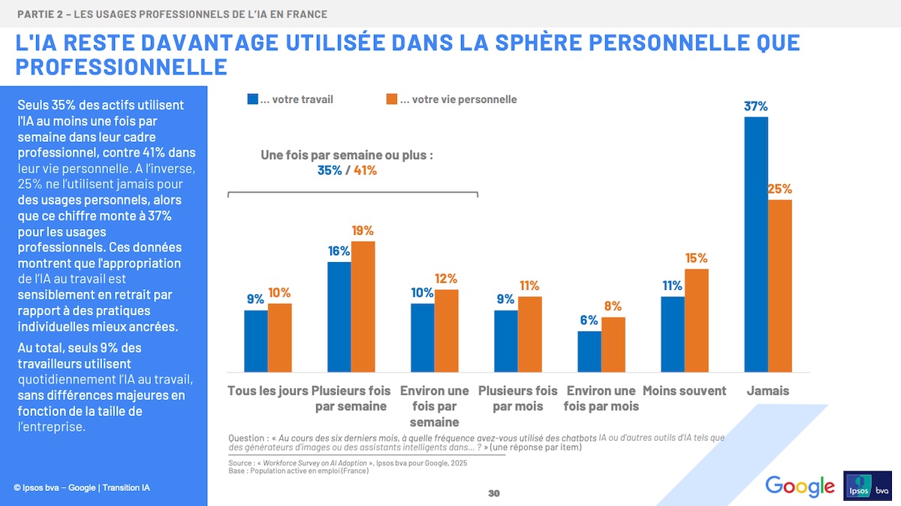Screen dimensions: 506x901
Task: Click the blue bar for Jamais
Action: click(756, 244)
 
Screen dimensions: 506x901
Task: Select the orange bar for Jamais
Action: click(780, 285)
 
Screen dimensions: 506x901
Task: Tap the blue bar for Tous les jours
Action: click(256, 341)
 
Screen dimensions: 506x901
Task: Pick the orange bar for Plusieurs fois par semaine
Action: click(363, 306)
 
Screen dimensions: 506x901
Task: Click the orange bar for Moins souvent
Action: click(697, 320)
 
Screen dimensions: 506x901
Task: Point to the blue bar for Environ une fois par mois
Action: click(589, 351)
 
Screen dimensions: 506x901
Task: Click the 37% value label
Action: click(755, 107)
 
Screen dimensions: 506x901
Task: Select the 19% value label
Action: click(363, 230)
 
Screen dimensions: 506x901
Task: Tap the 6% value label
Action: click(589, 321)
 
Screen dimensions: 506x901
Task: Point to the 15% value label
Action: click(696, 258)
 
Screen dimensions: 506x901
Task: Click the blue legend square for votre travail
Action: click(252, 99)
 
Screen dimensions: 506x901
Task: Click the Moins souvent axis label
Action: click(685, 391)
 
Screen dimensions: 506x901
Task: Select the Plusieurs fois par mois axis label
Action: click(518, 399)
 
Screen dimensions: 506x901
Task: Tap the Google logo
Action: click(800, 486)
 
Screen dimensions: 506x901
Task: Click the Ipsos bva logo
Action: click(868, 485)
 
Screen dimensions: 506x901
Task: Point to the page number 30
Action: click(493, 493)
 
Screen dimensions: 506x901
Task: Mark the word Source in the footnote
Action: click(240, 463)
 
